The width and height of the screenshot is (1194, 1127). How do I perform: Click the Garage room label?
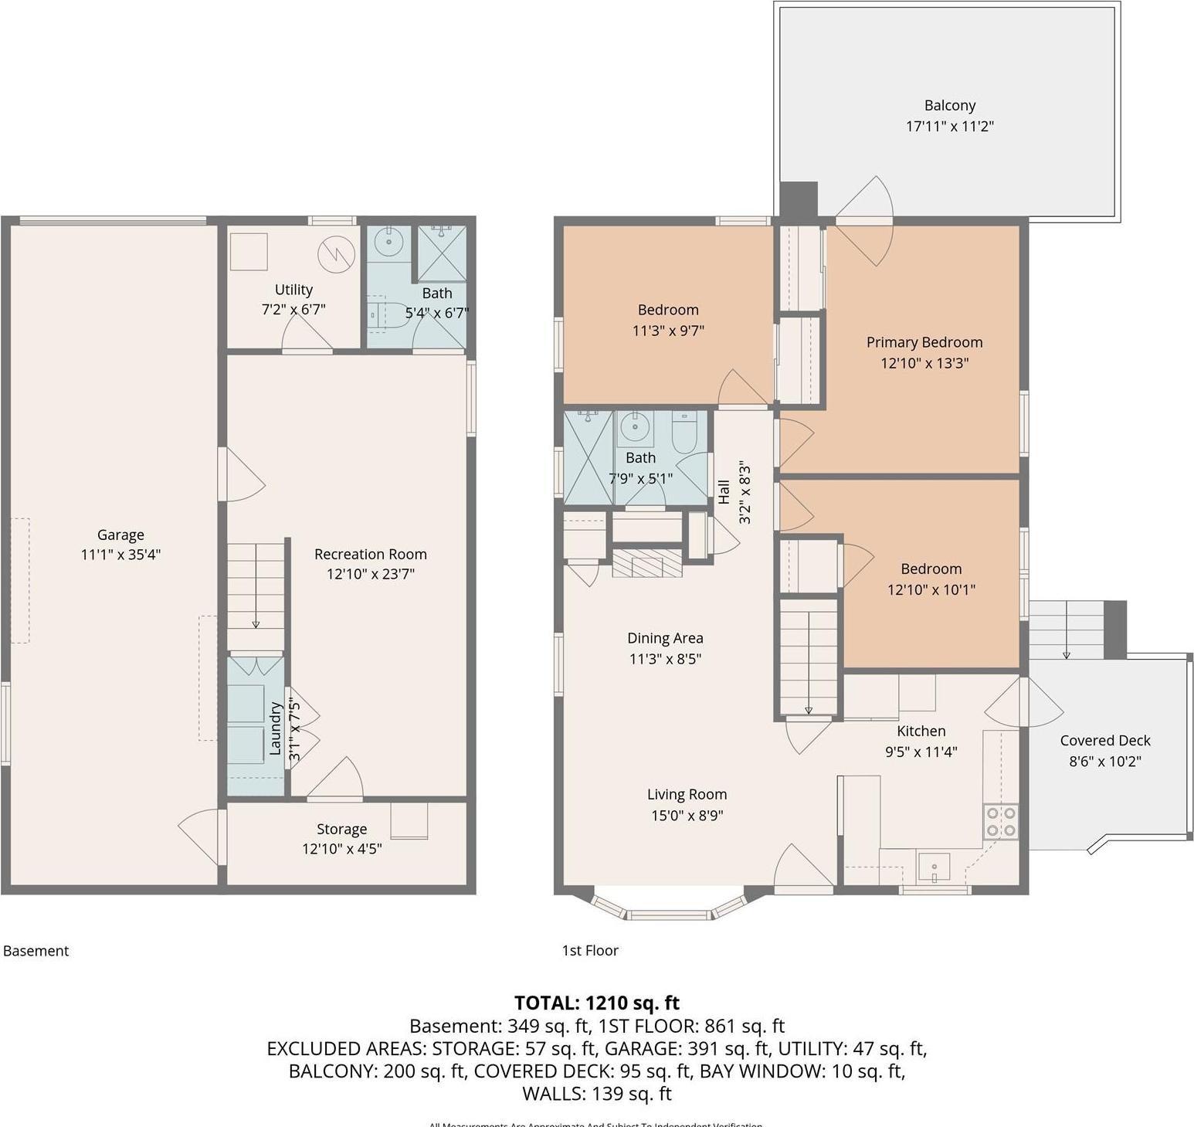click(x=120, y=535)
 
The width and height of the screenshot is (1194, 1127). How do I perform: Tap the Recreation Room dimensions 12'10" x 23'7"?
click(x=370, y=574)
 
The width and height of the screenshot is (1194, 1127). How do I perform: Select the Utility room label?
click(x=293, y=290)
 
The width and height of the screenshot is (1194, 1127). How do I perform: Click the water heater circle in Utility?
click(x=336, y=253)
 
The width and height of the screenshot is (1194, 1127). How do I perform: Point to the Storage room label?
click(x=341, y=829)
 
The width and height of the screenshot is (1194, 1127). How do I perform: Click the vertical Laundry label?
click(x=274, y=728)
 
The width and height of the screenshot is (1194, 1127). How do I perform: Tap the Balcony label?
click(x=949, y=106)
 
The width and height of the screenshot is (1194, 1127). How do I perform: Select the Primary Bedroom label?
click(x=924, y=342)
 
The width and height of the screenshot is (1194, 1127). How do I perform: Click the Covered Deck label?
click(x=1104, y=740)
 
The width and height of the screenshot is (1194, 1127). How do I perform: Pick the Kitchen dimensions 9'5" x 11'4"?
click(x=921, y=752)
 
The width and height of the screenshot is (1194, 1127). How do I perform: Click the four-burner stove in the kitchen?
click(x=1000, y=822)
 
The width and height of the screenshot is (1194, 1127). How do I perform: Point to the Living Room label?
click(x=687, y=794)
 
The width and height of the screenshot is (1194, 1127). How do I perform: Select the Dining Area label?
click(x=665, y=638)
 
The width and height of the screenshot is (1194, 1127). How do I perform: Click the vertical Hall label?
click(x=724, y=492)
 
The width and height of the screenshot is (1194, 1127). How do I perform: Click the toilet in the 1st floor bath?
click(x=685, y=432)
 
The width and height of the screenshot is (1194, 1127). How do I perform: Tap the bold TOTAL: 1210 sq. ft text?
click(x=596, y=1003)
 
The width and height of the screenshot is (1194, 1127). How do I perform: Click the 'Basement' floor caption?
click(x=36, y=951)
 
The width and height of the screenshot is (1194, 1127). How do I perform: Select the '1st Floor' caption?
click(x=590, y=951)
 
